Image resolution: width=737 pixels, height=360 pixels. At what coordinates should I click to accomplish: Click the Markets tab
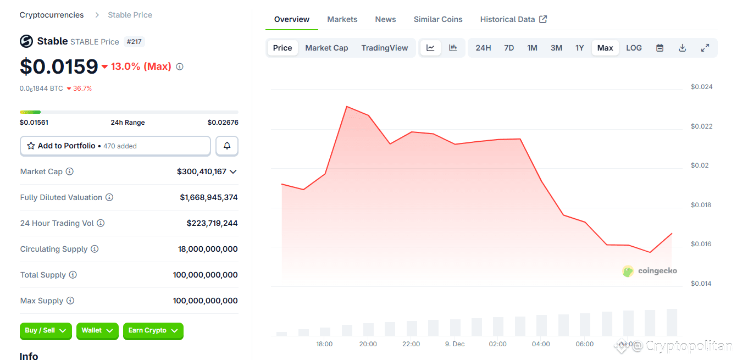[x=342, y=19]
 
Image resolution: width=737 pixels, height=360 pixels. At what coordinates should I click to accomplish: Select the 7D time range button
[x=509, y=48]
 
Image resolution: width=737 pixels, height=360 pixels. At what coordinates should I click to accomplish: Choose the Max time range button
[x=605, y=48]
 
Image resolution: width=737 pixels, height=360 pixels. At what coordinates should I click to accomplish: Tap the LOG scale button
[x=634, y=48]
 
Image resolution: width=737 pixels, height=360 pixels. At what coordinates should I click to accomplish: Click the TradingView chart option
[x=384, y=48]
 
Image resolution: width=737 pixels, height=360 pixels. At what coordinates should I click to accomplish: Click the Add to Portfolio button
[x=115, y=146]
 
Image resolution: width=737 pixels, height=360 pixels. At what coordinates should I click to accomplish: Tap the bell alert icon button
[x=227, y=146]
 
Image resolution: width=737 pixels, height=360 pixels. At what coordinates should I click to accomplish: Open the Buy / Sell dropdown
[x=46, y=331]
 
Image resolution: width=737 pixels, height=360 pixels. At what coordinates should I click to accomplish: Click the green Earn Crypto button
[x=153, y=331]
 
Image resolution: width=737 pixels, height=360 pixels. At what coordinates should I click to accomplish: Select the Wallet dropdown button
[x=97, y=331]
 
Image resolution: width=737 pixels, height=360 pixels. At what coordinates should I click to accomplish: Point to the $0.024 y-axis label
[x=701, y=87]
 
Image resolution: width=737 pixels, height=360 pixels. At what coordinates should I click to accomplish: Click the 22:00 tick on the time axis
[x=411, y=344]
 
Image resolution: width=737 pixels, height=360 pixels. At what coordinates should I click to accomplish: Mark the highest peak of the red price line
[x=347, y=106]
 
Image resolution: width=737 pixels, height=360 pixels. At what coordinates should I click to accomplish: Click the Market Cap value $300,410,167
[x=202, y=171]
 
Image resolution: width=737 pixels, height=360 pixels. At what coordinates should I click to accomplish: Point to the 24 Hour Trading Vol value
[x=212, y=223]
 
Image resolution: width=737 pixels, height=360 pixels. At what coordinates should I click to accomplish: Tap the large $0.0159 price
[x=59, y=67]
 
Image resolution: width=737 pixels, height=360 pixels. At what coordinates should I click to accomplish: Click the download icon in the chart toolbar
[x=682, y=48]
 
